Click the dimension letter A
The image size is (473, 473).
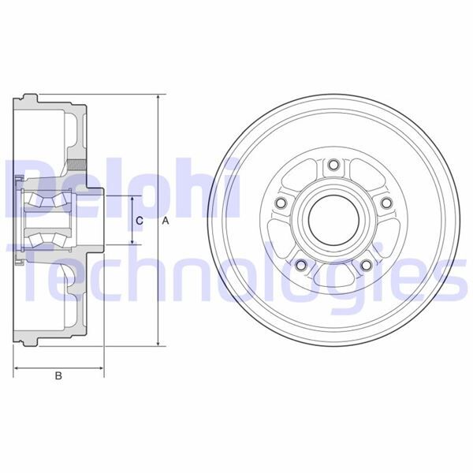(x=166, y=222)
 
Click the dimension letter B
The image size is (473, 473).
(x=58, y=377)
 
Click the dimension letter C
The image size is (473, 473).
(x=139, y=222)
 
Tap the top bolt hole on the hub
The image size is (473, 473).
(x=333, y=165)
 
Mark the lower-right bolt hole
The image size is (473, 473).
(x=366, y=266)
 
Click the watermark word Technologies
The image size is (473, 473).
(x=236, y=272)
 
